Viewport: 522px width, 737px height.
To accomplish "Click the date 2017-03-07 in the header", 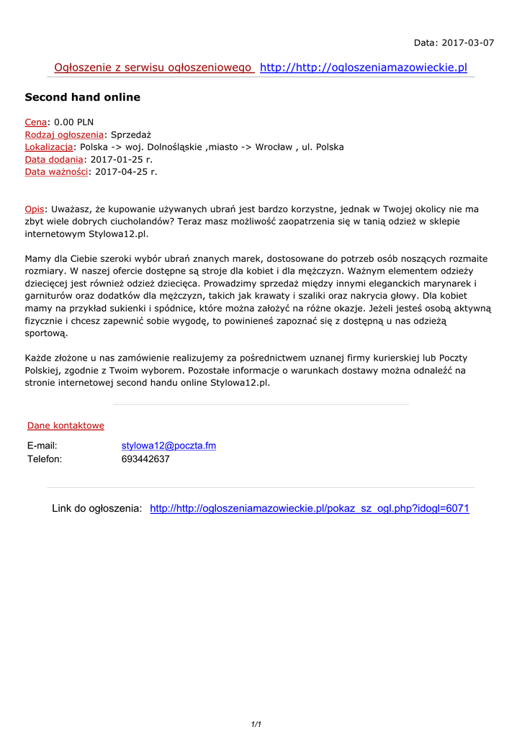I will (x=467, y=42).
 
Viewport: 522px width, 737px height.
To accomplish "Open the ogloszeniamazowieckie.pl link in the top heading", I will (x=364, y=68).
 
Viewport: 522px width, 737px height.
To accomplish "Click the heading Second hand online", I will (x=83, y=97).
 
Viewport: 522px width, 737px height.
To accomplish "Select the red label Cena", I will (x=36, y=122).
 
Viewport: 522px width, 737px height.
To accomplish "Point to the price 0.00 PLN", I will (x=74, y=122).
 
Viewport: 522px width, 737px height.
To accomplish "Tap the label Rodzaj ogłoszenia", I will (x=64, y=135).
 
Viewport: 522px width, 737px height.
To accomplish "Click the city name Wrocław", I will (x=274, y=147).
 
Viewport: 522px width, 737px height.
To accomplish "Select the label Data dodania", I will (x=54, y=159).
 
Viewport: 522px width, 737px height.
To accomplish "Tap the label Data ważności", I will (x=56, y=171).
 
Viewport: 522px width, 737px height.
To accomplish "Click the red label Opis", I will (x=35, y=209).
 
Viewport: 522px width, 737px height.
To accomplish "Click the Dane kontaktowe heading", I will (x=66, y=425).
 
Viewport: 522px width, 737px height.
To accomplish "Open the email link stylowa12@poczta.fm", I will (x=168, y=446).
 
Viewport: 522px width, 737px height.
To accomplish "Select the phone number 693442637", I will (x=145, y=459).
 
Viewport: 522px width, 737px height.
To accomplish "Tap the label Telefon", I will (x=45, y=459).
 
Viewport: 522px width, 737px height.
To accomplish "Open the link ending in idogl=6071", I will (x=310, y=509).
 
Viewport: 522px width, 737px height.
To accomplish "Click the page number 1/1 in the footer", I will (x=256, y=724).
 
